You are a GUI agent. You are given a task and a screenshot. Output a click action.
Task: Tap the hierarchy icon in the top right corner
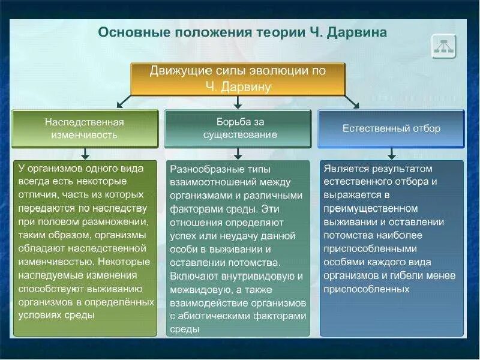(444, 47)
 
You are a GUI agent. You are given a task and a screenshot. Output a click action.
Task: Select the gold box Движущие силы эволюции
(238, 79)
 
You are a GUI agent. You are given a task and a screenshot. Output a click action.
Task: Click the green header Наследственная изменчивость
(85, 128)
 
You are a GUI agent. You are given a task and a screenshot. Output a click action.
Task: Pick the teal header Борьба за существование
(238, 128)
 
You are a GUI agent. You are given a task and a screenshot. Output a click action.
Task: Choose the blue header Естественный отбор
(391, 128)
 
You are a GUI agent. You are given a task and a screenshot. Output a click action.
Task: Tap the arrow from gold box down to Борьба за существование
(238, 102)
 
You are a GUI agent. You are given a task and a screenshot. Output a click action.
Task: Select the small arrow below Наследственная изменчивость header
(85, 153)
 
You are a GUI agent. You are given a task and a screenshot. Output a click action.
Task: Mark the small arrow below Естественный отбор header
(392, 153)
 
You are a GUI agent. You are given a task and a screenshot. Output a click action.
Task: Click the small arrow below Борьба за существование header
(238, 153)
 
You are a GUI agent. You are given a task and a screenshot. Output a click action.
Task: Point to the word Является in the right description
(346, 169)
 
